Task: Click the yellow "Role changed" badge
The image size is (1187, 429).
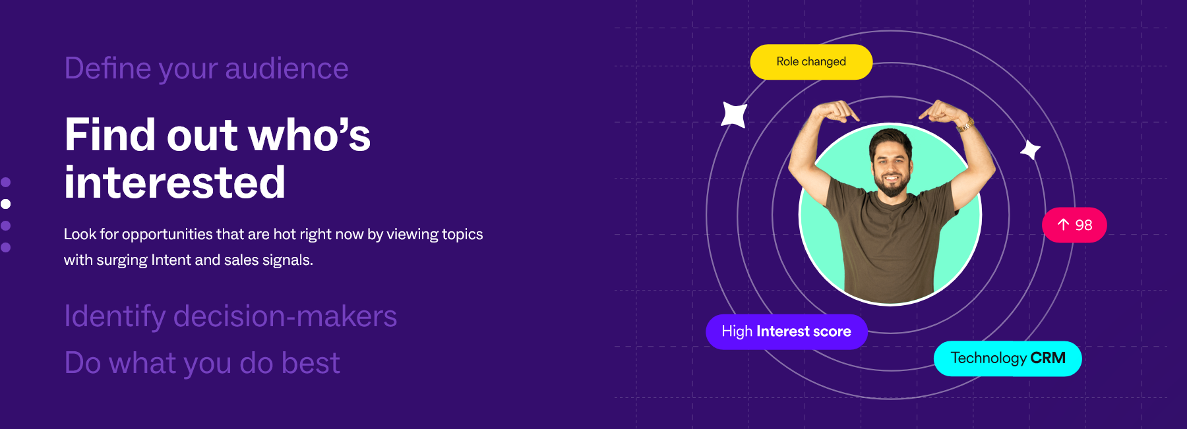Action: click(811, 62)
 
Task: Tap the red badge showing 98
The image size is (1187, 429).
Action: click(1074, 225)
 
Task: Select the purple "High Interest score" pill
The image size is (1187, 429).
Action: click(786, 331)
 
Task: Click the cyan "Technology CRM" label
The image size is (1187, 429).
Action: click(1008, 358)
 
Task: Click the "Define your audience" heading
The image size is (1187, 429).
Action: click(206, 69)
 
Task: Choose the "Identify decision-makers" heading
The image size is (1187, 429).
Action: click(230, 316)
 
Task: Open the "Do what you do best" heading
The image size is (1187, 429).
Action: click(202, 363)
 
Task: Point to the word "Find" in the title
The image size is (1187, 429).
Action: click(111, 135)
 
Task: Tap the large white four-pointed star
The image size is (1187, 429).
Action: click(734, 115)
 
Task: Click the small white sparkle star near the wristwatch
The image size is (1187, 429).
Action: click(1030, 150)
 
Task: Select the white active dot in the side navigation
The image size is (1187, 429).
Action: click(6, 204)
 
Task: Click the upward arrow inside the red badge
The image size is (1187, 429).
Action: click(1063, 225)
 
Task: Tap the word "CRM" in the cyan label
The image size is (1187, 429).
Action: click(1048, 358)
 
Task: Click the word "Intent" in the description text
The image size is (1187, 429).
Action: click(171, 260)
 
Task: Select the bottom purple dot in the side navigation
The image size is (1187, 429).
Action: click(6, 248)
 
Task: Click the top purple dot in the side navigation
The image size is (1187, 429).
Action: click(6, 182)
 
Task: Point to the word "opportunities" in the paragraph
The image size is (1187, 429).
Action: click(167, 235)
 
